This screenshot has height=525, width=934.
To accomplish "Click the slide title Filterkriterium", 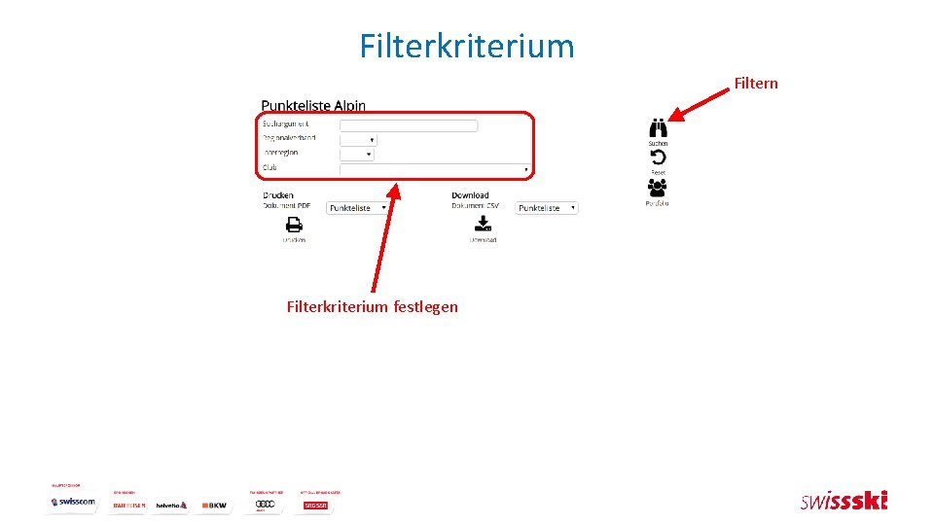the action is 467,46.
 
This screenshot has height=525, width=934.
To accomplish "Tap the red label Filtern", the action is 756,84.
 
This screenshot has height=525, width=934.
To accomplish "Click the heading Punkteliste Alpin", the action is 313,105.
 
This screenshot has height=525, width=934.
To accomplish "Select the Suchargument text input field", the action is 409,125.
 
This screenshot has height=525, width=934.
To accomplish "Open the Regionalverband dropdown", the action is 358,140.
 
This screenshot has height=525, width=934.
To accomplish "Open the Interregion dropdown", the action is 356,155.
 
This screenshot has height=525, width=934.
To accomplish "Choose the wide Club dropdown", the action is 435,170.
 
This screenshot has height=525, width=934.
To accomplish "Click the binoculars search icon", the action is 659,128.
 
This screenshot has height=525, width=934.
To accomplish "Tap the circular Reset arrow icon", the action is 659,157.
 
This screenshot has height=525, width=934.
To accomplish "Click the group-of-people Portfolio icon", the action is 658,187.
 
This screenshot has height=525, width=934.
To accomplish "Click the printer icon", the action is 294,225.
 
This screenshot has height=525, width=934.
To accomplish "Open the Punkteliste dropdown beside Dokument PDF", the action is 357,208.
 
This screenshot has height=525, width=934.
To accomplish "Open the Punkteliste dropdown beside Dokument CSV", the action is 547,208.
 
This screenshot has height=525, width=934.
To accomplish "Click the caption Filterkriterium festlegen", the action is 372,307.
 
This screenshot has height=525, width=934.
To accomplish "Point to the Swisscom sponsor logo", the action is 74,502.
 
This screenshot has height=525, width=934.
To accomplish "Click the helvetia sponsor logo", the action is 171,505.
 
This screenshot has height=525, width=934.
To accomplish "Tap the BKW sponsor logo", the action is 214,505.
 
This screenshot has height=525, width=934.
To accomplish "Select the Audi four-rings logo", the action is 266,505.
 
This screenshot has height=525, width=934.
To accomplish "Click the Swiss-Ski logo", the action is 844,502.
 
